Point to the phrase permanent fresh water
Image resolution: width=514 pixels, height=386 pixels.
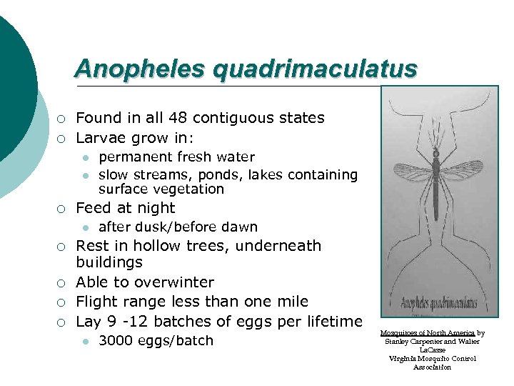click(x=176, y=157)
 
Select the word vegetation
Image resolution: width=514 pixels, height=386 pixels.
click(x=188, y=189)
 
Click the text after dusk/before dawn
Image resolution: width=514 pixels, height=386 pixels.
click(x=178, y=227)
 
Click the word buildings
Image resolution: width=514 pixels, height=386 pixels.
click(x=109, y=262)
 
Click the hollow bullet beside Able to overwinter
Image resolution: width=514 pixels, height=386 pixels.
click(x=62, y=283)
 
